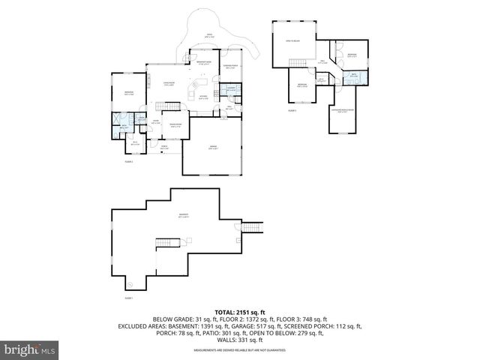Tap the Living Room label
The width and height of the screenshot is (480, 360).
(170, 84)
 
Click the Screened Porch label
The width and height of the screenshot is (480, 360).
(232, 67)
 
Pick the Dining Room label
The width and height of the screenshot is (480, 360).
(175, 126)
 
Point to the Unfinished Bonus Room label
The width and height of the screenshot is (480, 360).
(342, 111)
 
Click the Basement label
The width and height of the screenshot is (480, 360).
(183, 216)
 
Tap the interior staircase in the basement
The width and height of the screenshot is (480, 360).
(168, 243)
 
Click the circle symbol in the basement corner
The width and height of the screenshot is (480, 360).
(130, 284)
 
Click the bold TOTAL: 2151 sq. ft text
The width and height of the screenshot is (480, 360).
(239, 312)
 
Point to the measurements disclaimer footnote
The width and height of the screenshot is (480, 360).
(239, 349)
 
